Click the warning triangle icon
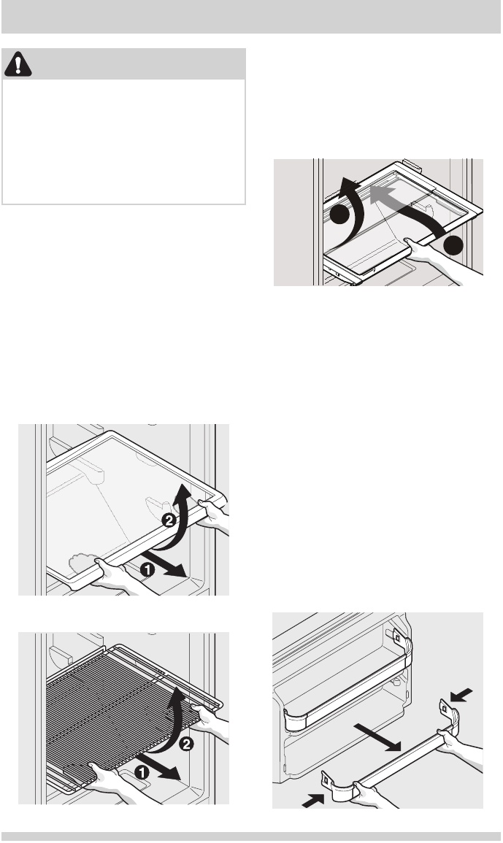pos(18,64)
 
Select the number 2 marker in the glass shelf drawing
pos(169,520)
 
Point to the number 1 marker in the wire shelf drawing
pos(142,773)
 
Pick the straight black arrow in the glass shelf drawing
pos(166,564)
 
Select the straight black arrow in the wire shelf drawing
pos(158,767)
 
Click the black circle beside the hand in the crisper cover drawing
pos(453,245)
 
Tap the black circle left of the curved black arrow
pos(339,215)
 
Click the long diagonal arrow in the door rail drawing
pos(377,736)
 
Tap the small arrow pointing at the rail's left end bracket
pos(313,801)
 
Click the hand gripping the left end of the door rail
pos(371,795)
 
